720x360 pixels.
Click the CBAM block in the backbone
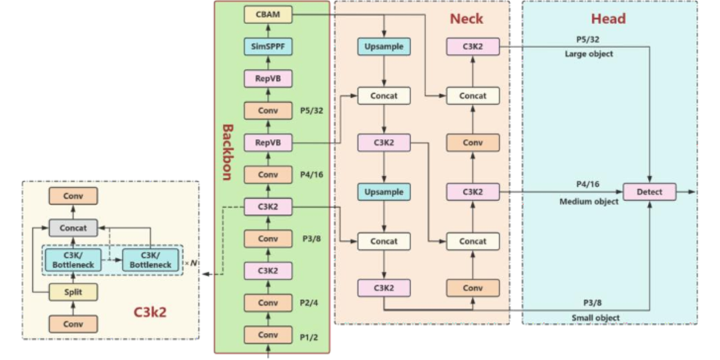pos(268,14)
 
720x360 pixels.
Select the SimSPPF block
pos(268,46)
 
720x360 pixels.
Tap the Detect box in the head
pos(649,192)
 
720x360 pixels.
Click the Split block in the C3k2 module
pos(73,292)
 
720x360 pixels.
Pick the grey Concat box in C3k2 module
pos(73,228)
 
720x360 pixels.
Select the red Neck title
pos(466,19)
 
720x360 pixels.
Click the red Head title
pos(608,19)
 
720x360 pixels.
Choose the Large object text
pos(589,54)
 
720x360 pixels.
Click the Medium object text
pos(589,202)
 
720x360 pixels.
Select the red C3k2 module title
pos(149,313)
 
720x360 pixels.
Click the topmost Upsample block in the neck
pos(384,46)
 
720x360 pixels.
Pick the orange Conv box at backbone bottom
pos(268,335)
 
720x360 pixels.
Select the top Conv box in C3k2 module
pos(73,196)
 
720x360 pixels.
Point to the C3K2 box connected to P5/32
pos(473,46)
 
